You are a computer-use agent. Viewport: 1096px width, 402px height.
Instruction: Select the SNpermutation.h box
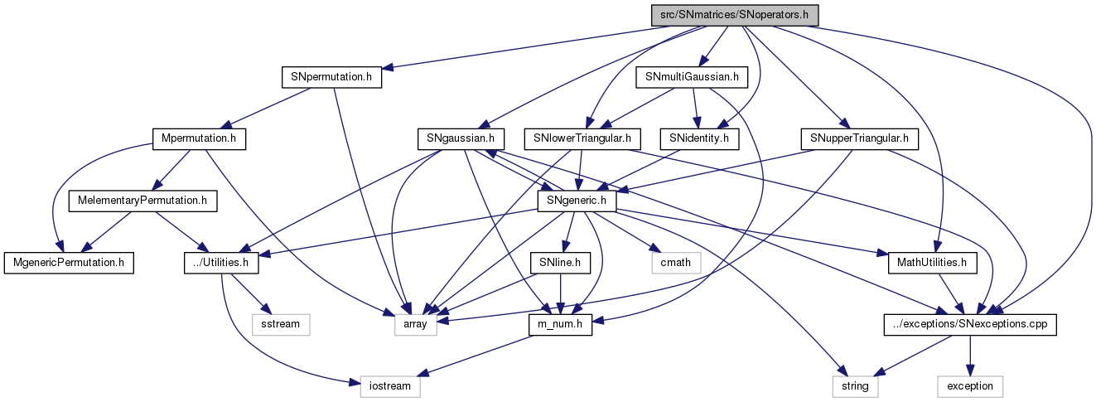[x=331, y=77]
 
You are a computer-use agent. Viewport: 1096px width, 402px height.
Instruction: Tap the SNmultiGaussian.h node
[x=692, y=77]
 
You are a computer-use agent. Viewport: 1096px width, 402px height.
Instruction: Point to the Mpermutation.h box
[x=200, y=138]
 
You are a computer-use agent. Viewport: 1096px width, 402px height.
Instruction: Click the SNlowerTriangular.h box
[x=582, y=138]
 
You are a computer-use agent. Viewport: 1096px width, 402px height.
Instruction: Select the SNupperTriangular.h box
[x=860, y=138]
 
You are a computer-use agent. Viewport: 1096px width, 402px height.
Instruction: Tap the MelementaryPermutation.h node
[x=142, y=201]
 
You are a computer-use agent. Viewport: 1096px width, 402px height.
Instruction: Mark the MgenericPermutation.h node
[x=68, y=263]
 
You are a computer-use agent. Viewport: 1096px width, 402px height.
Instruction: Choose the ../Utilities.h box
[x=221, y=263]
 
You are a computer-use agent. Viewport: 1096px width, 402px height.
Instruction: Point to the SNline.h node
[x=561, y=263]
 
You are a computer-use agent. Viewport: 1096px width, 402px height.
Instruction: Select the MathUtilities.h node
[x=932, y=263]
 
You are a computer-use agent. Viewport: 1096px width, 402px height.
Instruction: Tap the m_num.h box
[x=561, y=325]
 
